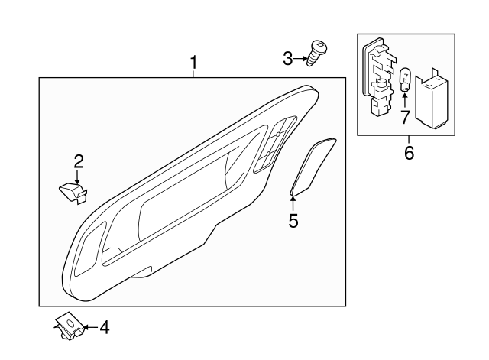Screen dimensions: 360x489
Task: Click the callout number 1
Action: point(193,60)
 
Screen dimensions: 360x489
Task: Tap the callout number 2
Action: point(78,161)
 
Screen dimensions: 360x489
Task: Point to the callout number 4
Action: point(104,328)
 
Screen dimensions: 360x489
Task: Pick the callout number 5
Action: point(293,221)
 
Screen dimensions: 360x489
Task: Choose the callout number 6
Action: point(409,153)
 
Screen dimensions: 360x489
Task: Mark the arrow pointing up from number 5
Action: point(293,203)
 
